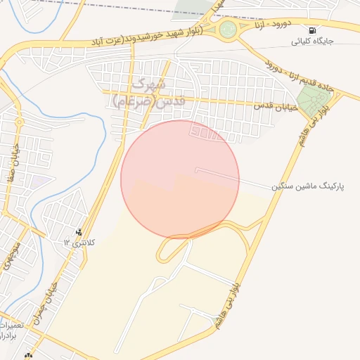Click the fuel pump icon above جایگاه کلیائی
312,30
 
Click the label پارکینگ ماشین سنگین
312,188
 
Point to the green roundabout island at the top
228,30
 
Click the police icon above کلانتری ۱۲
79,232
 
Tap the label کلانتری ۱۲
79,243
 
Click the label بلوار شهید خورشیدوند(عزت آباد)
147,36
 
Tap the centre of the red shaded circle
180,179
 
